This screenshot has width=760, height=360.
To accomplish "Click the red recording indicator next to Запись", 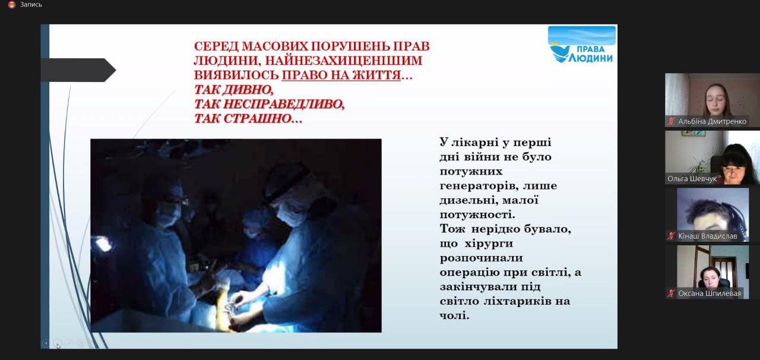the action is coord(12,5).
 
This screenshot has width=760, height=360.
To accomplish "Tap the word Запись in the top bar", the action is coord(31,5).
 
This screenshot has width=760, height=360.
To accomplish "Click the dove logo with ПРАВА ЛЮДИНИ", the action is coord(581,45).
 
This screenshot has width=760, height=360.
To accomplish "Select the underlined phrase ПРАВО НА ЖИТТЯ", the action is coord(341,75).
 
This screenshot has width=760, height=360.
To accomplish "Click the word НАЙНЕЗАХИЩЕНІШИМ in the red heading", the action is coord(344,61).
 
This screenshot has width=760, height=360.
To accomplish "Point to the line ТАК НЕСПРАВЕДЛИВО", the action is coord(269,104).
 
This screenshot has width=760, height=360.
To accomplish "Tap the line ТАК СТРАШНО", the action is coord(248,119).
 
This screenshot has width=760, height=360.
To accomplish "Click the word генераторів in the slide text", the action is coord(479,186).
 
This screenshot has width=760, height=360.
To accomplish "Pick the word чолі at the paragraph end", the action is coord(454,315).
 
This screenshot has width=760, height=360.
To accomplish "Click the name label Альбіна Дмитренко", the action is coord(712,121).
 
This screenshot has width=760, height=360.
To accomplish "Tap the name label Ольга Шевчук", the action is coord(692,179).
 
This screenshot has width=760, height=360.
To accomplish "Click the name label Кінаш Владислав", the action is coord(707,236).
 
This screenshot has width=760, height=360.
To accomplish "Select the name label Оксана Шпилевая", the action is coord(710,293).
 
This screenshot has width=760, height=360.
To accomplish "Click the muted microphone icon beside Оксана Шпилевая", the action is coord(671,293).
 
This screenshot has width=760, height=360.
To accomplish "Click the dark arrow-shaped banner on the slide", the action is coord(78,70).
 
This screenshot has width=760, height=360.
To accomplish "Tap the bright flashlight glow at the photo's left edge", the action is coord(103,244).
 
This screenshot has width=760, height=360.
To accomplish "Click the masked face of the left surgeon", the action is coord(166,207).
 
